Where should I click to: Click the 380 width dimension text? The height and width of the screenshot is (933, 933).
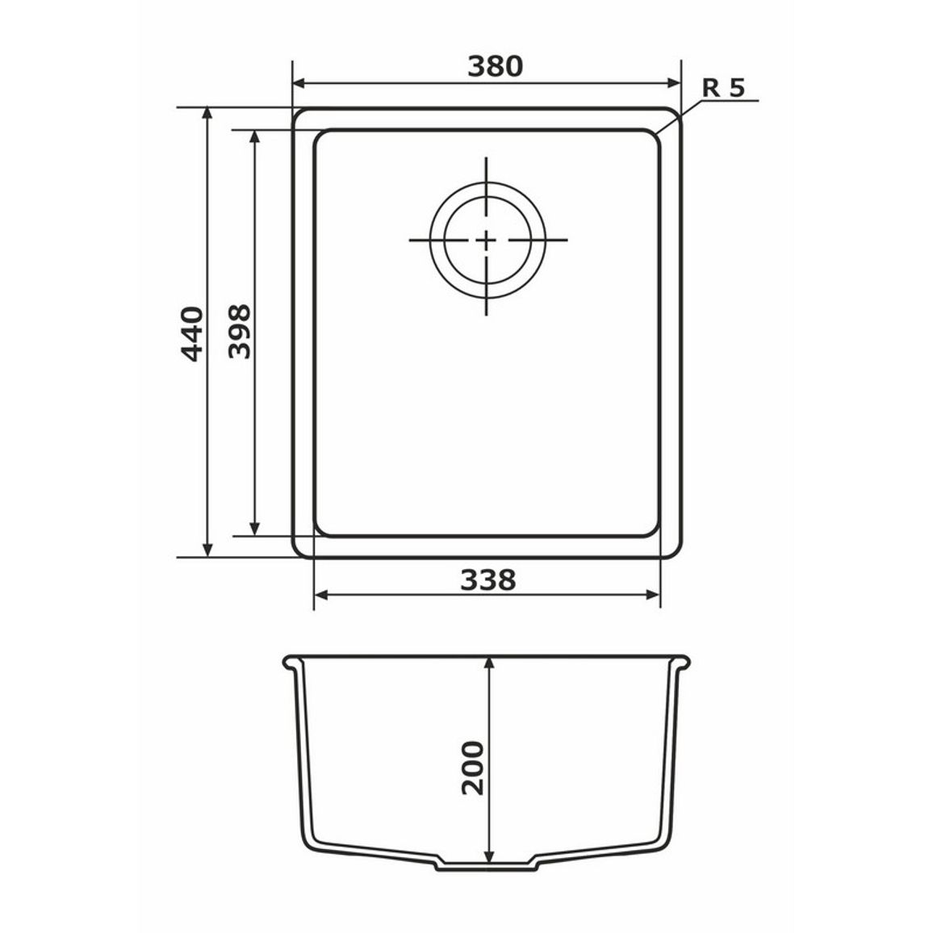point(495,66)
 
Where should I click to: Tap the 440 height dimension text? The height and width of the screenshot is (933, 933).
point(191,334)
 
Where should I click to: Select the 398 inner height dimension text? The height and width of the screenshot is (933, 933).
point(240,332)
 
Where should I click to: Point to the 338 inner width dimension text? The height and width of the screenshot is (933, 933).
point(488,579)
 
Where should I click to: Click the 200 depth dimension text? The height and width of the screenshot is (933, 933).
point(473,768)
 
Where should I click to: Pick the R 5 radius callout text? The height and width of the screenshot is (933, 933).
point(723,88)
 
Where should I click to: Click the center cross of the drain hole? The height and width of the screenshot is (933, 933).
point(487,240)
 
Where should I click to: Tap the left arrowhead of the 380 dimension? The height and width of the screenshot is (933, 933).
point(299,83)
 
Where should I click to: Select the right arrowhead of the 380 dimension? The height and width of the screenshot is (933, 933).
point(674,83)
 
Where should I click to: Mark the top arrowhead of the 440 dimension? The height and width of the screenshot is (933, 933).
point(207,114)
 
